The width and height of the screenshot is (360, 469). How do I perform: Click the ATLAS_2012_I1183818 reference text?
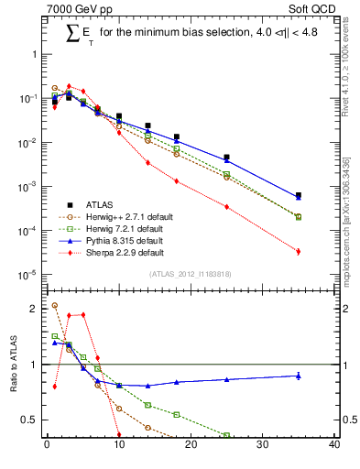[x=191, y=274]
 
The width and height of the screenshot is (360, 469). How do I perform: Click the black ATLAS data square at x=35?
[x=299, y=195]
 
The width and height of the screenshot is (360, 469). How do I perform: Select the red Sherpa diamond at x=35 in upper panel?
[x=299, y=251]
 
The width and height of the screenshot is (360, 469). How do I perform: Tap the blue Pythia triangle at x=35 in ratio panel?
[x=299, y=376]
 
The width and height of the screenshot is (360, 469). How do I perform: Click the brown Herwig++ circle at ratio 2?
[x=54, y=306]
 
